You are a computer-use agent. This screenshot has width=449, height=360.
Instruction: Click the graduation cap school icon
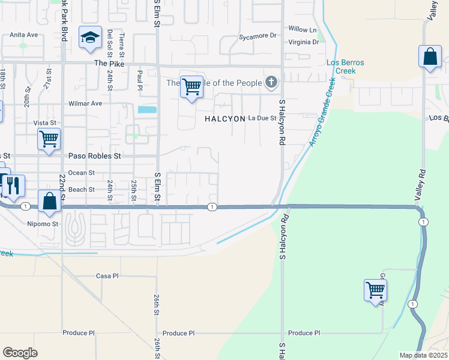click(x=91, y=38)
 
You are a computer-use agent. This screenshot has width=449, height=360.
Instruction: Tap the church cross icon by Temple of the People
click(x=271, y=82)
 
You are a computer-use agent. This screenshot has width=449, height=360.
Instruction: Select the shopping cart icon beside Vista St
click(x=49, y=139)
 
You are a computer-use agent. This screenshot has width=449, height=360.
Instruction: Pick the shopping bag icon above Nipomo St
click(x=50, y=202)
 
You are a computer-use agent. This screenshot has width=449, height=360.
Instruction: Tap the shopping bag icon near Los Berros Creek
click(x=430, y=58)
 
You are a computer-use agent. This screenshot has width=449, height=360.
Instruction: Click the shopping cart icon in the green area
click(x=375, y=290)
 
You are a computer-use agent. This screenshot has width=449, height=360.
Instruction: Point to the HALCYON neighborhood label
click(x=225, y=119)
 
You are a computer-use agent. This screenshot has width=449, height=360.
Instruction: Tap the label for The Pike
click(x=108, y=63)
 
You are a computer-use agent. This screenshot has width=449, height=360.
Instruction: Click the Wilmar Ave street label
click(x=86, y=103)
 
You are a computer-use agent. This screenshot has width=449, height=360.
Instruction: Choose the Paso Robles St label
click(x=95, y=156)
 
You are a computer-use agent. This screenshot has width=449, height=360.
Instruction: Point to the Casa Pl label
click(x=107, y=276)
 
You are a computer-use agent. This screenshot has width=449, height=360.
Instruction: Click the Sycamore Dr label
click(x=257, y=36)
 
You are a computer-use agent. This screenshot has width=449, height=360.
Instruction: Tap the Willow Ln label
click(x=302, y=29)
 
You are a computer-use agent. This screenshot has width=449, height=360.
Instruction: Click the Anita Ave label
click(x=24, y=35)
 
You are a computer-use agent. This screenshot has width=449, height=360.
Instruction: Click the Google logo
click(x=20, y=352)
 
